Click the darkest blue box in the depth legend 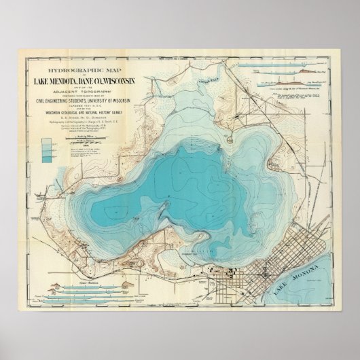45,157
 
